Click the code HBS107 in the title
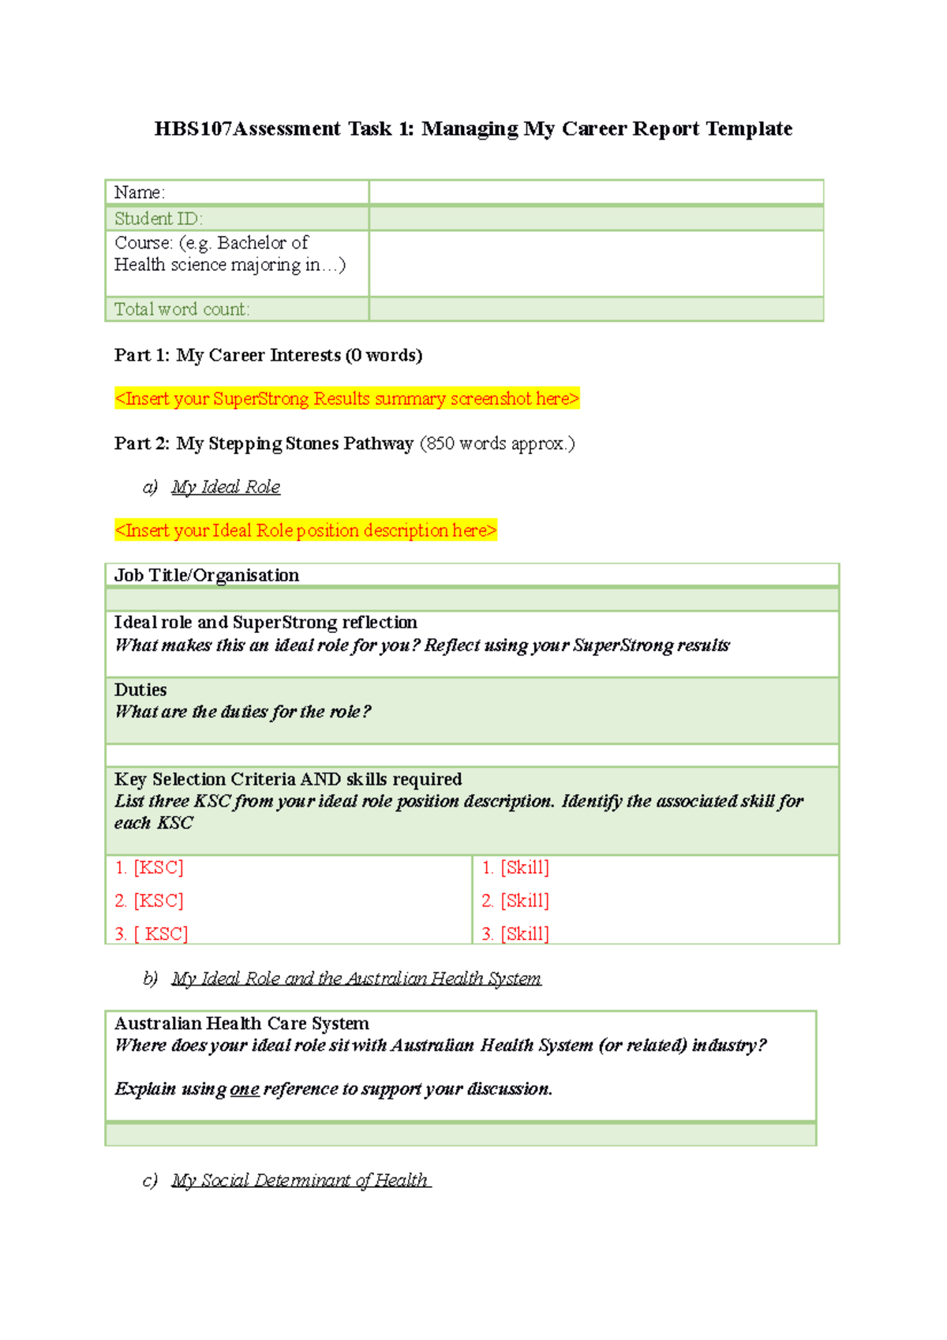pyautogui.click(x=193, y=129)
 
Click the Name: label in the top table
pyautogui.click(x=139, y=193)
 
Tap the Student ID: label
pyautogui.click(x=158, y=219)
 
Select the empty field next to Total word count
pyautogui.click(x=596, y=309)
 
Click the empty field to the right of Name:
pyautogui.click(x=596, y=193)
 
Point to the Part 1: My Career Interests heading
pyautogui.click(x=268, y=355)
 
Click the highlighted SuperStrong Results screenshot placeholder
pyautogui.click(x=346, y=399)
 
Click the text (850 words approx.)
pyautogui.click(x=496, y=444)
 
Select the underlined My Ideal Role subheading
pyautogui.click(x=226, y=487)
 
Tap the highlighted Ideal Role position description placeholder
pyautogui.click(x=305, y=530)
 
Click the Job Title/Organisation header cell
pyautogui.click(x=207, y=575)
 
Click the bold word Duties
pyautogui.click(x=140, y=690)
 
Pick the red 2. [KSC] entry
pyautogui.click(x=149, y=900)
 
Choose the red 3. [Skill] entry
pyautogui.click(x=515, y=934)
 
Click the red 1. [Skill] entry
pyautogui.click(x=515, y=867)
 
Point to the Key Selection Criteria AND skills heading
pyautogui.click(x=288, y=779)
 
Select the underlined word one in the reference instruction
pyautogui.click(x=245, y=1089)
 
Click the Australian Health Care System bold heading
pyautogui.click(x=241, y=1024)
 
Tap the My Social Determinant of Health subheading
pyautogui.click(x=300, y=1180)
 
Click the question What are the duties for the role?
pyautogui.click(x=242, y=712)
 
